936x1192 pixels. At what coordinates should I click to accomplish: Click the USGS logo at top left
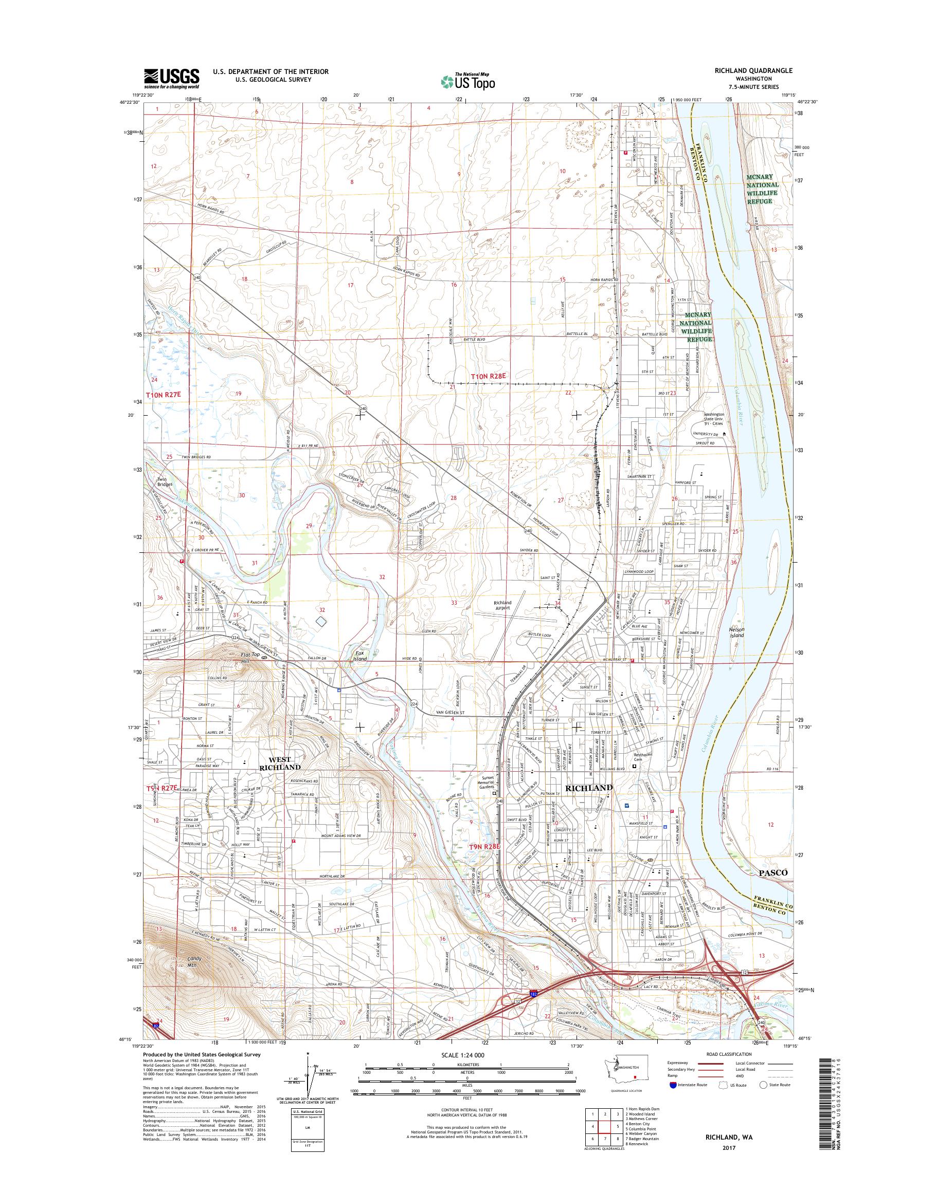[172, 79]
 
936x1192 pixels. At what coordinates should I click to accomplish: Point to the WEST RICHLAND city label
[283, 764]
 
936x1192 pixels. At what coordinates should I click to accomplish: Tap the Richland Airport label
[502, 605]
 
